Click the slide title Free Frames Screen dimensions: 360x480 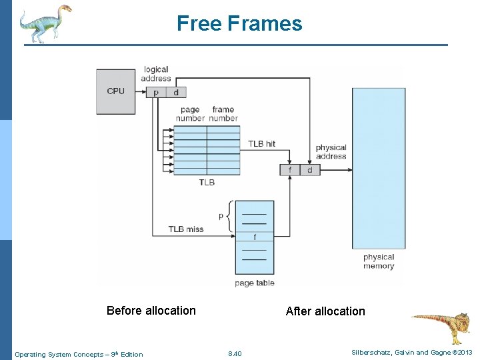click(x=239, y=23)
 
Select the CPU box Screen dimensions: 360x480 click(x=116, y=91)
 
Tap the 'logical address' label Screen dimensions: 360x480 click(x=155, y=74)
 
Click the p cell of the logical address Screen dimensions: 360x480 click(x=156, y=93)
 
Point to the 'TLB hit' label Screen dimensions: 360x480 click(x=261, y=143)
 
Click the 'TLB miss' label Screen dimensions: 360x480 click(x=185, y=229)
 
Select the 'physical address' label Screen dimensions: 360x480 click(x=331, y=152)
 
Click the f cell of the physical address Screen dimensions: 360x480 click(x=289, y=170)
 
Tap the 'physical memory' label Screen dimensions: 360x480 click(x=379, y=261)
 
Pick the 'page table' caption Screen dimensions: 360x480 click(x=254, y=283)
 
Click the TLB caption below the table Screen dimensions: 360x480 click(x=207, y=182)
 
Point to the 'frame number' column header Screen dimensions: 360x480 click(x=223, y=114)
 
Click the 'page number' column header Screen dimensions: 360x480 click(x=190, y=114)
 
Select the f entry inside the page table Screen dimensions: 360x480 click(x=254, y=237)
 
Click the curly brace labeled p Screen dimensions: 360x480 click(x=230, y=216)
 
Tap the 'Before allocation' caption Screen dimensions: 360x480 click(x=151, y=310)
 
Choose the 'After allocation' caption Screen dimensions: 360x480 click(x=325, y=311)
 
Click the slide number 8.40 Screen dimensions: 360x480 click(x=235, y=353)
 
